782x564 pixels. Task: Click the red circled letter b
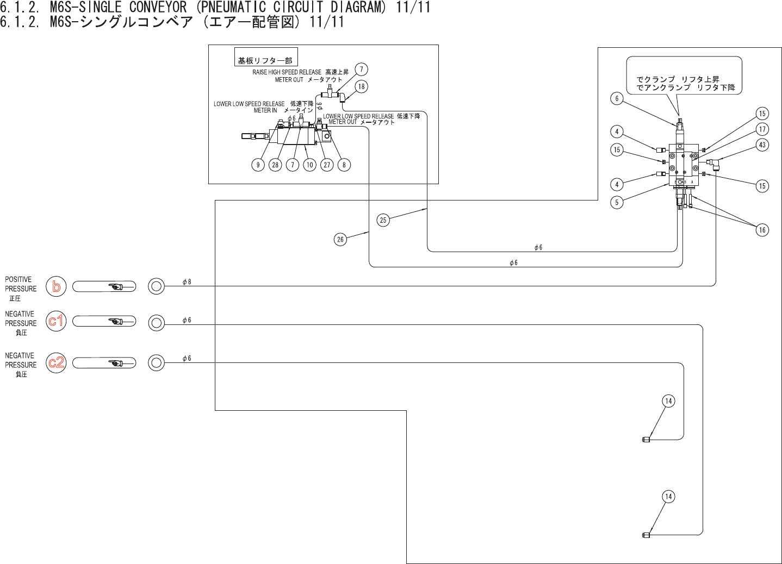(56, 286)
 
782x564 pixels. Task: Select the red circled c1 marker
(56, 321)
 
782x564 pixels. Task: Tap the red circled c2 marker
(56, 362)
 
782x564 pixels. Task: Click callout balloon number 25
(383, 220)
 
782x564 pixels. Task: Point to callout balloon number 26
(340, 239)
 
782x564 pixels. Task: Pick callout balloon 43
(762, 145)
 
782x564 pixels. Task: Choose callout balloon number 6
(617, 98)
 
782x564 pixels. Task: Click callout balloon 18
(362, 86)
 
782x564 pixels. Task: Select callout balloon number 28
(275, 165)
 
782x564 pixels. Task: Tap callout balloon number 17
(762, 129)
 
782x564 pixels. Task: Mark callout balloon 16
(762, 230)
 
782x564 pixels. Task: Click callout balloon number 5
(617, 202)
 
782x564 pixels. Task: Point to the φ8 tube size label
(187, 282)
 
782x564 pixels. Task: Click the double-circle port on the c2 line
(156, 362)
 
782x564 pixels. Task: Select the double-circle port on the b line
(156, 286)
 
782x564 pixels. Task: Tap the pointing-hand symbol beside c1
(116, 321)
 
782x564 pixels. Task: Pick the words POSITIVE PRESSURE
(21, 284)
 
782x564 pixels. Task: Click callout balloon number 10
(310, 165)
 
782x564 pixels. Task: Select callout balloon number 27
(327, 165)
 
